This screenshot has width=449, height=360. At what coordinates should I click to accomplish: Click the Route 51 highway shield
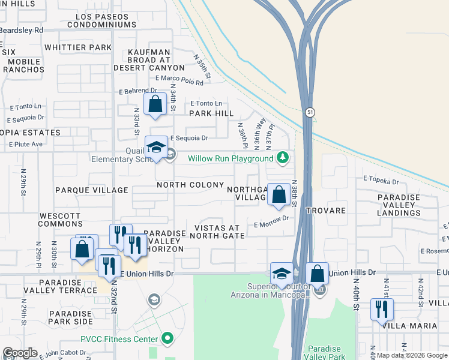(x=309, y=112)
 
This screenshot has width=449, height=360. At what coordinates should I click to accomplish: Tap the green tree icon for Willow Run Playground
(x=283, y=158)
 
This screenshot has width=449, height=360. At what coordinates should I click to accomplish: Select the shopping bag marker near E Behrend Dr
(x=155, y=104)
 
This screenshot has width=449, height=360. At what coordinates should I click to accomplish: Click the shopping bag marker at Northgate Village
(x=279, y=194)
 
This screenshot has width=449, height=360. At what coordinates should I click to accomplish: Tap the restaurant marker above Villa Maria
(x=382, y=310)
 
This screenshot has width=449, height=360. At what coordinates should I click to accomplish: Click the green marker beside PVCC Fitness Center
(x=169, y=339)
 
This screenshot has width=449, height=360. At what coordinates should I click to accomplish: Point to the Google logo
(x=20, y=353)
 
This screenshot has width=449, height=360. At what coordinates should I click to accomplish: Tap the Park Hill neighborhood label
(x=211, y=113)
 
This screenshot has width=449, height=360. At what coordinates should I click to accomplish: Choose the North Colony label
(x=190, y=185)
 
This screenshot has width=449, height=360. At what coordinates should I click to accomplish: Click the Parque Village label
(x=91, y=190)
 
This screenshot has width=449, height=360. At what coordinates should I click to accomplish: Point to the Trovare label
(x=325, y=211)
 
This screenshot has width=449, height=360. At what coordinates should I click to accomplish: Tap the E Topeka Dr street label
(x=381, y=180)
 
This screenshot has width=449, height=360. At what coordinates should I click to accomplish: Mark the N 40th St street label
(x=356, y=294)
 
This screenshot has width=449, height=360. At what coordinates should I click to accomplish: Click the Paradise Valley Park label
(x=324, y=353)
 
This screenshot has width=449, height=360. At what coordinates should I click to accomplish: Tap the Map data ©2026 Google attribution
(x=412, y=355)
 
